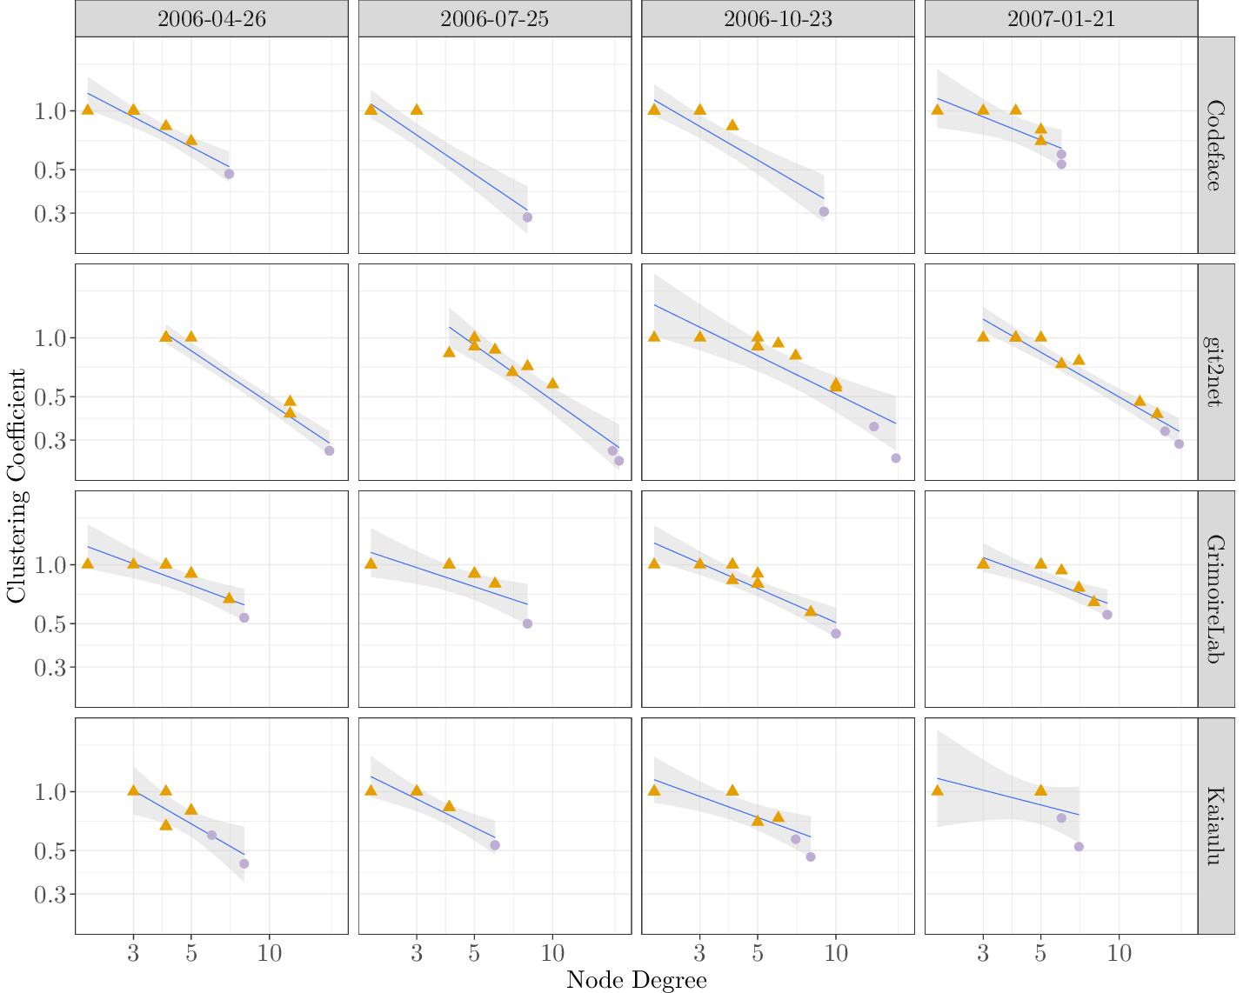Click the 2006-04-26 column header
pyautogui.click(x=211, y=19)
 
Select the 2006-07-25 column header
pyautogui.click(x=494, y=19)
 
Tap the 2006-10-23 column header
pyautogui.click(x=778, y=19)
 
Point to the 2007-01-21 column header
pyautogui.click(x=1060, y=19)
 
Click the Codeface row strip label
pyautogui.click(x=1215, y=145)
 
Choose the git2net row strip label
pyautogui.click(x=1215, y=372)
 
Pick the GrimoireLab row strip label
pyautogui.click(x=1215, y=599)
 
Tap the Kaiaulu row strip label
pyautogui.click(x=1215, y=826)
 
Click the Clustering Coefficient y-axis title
pyautogui.click(x=17, y=485)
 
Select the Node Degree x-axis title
pyautogui.click(x=636, y=981)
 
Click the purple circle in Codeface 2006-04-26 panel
pyautogui.click(x=229, y=174)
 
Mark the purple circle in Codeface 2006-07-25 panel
pyautogui.click(x=527, y=217)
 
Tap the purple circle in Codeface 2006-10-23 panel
pyautogui.click(x=824, y=211)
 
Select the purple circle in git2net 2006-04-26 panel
pyautogui.click(x=329, y=450)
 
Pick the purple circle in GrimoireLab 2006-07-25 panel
pyautogui.click(x=527, y=623)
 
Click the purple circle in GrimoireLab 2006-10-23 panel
pyautogui.click(x=836, y=634)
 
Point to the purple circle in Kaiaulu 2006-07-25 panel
pyautogui.click(x=495, y=845)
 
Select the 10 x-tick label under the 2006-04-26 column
pyautogui.click(x=270, y=953)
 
